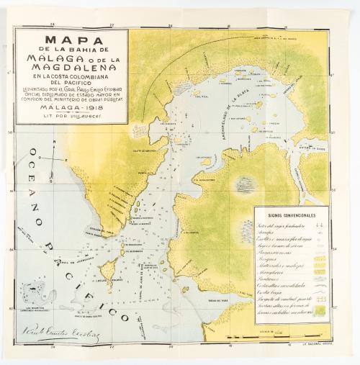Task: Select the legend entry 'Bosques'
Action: [273, 258]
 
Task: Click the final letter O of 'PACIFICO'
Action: [123, 318]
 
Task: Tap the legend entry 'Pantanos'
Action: [274, 279]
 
